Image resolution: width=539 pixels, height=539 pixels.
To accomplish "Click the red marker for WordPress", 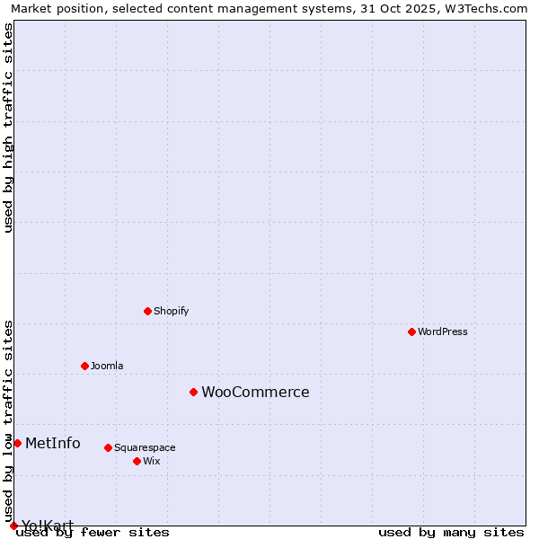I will coord(411,331).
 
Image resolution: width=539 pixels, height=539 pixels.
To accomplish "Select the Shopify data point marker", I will coord(147,311).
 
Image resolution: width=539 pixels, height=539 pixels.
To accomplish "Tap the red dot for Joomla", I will coord(84,366).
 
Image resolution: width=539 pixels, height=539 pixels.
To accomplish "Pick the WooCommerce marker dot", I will coord(193,392).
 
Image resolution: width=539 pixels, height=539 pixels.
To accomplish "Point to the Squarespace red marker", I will coord(108,447).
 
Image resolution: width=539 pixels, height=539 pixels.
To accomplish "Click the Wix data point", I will coord(137,461).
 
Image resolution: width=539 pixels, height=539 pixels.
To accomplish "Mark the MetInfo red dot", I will coord(17,443).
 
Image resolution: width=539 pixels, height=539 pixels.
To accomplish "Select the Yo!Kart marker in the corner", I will coord(13,526).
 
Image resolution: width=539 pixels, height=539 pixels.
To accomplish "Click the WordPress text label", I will coord(443,331).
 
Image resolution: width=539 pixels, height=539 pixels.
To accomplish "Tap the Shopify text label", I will coord(172,311).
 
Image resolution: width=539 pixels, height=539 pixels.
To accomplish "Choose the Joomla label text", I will coord(107,366).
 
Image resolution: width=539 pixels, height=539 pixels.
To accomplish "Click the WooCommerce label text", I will coord(255,392).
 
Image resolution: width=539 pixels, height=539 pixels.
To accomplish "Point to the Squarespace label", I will coord(145,447).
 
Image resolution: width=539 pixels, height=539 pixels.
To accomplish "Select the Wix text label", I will coord(152,461).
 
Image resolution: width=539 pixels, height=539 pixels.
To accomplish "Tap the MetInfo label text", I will coord(53,443).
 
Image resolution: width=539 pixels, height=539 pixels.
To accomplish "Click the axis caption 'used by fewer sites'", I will coord(93,532).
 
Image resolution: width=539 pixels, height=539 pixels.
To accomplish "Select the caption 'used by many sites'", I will coord(451,532).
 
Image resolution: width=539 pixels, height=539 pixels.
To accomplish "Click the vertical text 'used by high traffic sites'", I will coord(8,128).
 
